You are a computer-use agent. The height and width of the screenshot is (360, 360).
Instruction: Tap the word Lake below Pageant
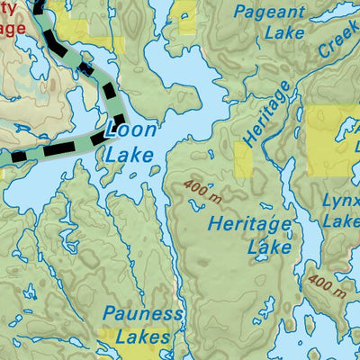[x=284, y=35]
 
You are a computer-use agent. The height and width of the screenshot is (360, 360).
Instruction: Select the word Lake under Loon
[x=130, y=155]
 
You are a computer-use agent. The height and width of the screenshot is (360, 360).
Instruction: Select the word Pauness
[x=142, y=315]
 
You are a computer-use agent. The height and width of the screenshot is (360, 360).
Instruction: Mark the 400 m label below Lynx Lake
[x=327, y=285]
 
